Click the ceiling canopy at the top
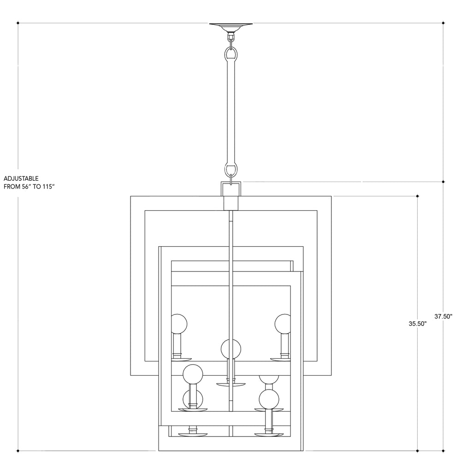231,26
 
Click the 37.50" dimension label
443,316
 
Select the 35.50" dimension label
418,324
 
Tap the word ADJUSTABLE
21,178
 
